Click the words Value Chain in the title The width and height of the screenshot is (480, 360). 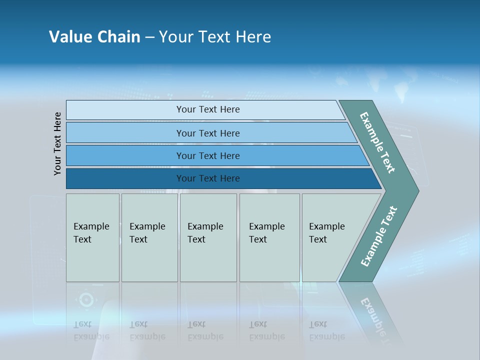(x=94, y=37)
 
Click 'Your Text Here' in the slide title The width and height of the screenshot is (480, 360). (x=215, y=37)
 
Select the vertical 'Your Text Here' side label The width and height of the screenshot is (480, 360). (x=57, y=143)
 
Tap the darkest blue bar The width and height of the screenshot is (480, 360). (x=125, y=178)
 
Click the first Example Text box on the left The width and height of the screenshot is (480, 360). (x=92, y=237)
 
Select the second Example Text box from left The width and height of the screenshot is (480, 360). (x=149, y=237)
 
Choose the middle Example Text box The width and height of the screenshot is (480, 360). (x=208, y=237)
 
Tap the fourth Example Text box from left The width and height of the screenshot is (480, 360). (x=269, y=237)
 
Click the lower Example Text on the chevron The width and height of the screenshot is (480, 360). (x=379, y=236)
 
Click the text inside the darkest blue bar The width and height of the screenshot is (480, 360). (x=208, y=178)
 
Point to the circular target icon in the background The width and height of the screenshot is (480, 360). (x=86, y=300)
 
